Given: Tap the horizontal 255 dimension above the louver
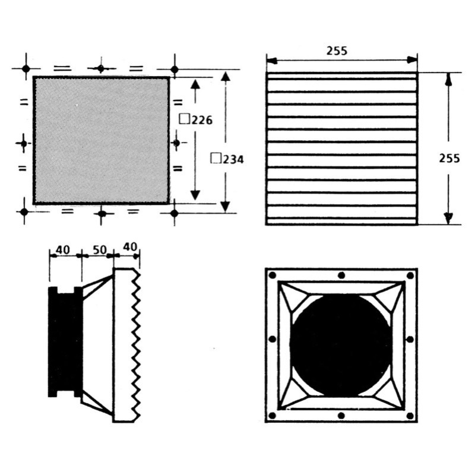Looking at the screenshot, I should point(337,51).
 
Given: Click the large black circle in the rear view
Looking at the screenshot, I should point(341,345).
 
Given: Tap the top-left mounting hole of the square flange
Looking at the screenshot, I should point(273,275).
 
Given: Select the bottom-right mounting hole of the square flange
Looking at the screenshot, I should point(410,414).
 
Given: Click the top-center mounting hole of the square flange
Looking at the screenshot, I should point(341,275).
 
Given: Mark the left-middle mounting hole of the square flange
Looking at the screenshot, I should point(273,339).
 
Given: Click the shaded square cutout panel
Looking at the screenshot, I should point(101,140).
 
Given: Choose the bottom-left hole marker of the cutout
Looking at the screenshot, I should point(24,211).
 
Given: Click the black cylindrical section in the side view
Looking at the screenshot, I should point(65,343).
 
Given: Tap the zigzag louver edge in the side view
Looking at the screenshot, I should point(136,344).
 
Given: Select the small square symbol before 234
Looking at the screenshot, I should point(216,159).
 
